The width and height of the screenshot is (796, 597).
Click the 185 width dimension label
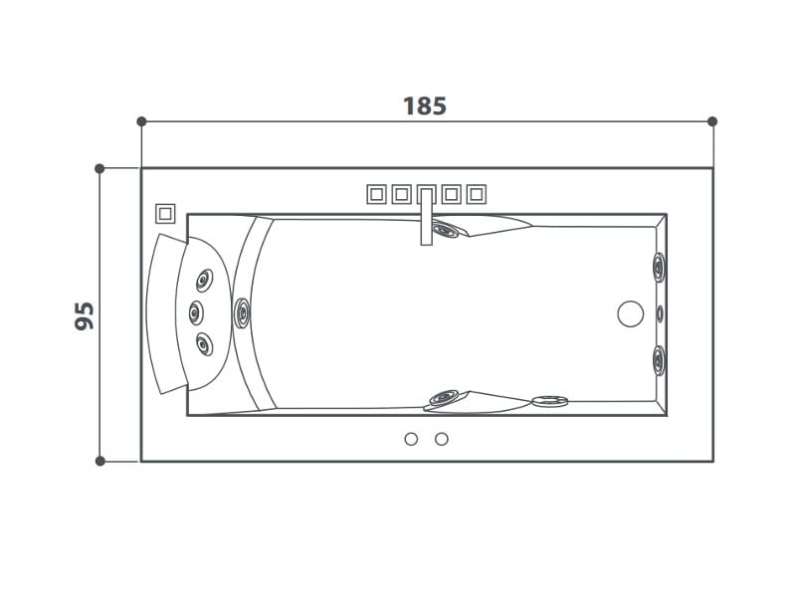click(x=425, y=105)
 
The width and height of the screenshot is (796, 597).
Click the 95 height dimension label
click(x=85, y=314)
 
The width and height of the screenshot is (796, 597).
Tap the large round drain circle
click(x=631, y=314)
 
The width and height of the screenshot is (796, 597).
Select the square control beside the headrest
click(x=165, y=212)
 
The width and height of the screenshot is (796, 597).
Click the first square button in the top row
click(x=376, y=194)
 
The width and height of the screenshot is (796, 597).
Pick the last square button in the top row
click(x=476, y=194)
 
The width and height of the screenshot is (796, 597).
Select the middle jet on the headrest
click(x=195, y=311)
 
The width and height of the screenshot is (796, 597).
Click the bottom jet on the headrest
click(x=205, y=345)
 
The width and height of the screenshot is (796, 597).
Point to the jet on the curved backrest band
click(x=243, y=313)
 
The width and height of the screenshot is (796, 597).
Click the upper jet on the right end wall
click(x=659, y=267)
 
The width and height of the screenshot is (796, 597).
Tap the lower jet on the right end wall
click(x=659, y=357)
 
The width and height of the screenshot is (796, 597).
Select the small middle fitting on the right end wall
click(x=660, y=313)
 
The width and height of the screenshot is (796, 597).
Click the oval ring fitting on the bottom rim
click(x=548, y=402)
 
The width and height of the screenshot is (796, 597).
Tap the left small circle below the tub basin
click(x=411, y=439)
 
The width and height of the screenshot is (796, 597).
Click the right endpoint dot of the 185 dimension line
click(x=712, y=121)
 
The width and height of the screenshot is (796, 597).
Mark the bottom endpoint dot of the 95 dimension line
click(x=99, y=461)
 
